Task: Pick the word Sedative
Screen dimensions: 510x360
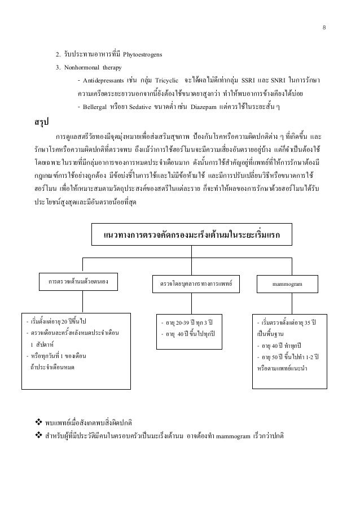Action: click(x=143, y=107)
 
